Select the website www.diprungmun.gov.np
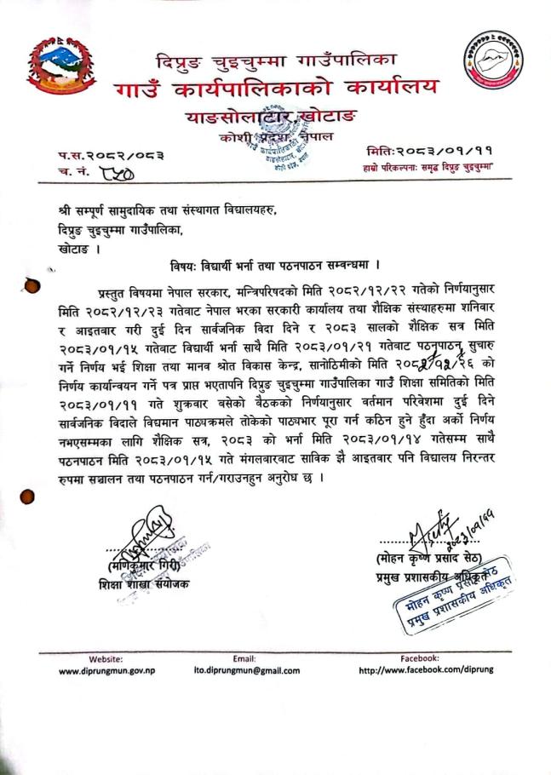click(x=106, y=670)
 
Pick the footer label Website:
click(x=106, y=658)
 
